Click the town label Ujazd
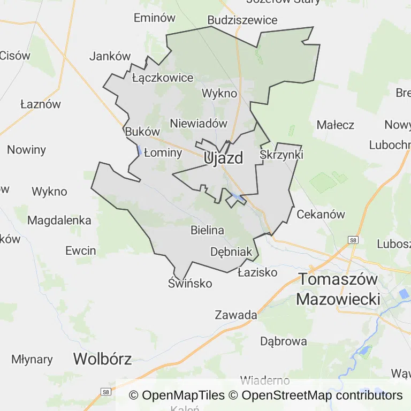click(x=223, y=158)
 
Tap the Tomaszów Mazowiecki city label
click(x=338, y=289)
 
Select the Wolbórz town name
click(x=102, y=359)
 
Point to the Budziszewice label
click(x=242, y=20)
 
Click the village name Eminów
click(x=155, y=18)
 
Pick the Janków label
click(x=110, y=56)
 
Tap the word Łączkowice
click(x=162, y=78)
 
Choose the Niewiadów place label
click(x=199, y=123)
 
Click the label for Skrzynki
click(x=281, y=155)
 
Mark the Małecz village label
click(x=335, y=125)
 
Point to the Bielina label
click(x=207, y=230)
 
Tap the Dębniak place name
click(x=231, y=252)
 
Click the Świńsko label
click(x=190, y=284)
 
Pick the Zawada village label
click(x=236, y=315)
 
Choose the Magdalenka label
click(x=59, y=220)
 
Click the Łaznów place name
click(x=41, y=104)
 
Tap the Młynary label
click(x=32, y=359)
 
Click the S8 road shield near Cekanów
click(x=353, y=240)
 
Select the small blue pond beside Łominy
click(x=140, y=151)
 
